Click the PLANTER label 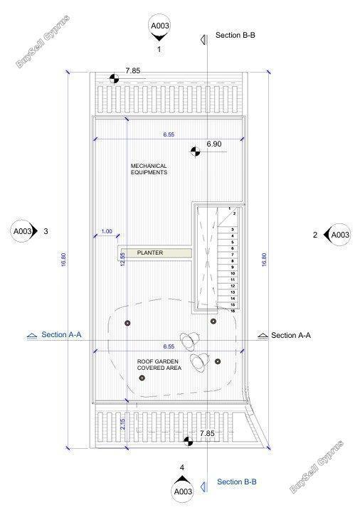point(150,253)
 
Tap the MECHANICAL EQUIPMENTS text point(149,169)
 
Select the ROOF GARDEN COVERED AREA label point(159,365)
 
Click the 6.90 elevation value point(214,144)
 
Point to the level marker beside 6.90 point(195,151)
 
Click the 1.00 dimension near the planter point(106,231)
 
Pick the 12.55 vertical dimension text point(122,260)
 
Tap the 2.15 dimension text point(122,424)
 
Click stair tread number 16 point(233,311)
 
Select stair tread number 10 point(233,274)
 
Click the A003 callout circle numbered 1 point(159,26)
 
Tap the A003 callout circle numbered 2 point(340,235)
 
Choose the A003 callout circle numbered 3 point(23,231)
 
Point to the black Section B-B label point(235,35)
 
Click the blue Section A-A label point(61,334)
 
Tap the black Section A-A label point(291,335)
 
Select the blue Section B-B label point(236,482)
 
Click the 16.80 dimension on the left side point(64,260)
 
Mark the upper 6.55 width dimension point(169,134)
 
